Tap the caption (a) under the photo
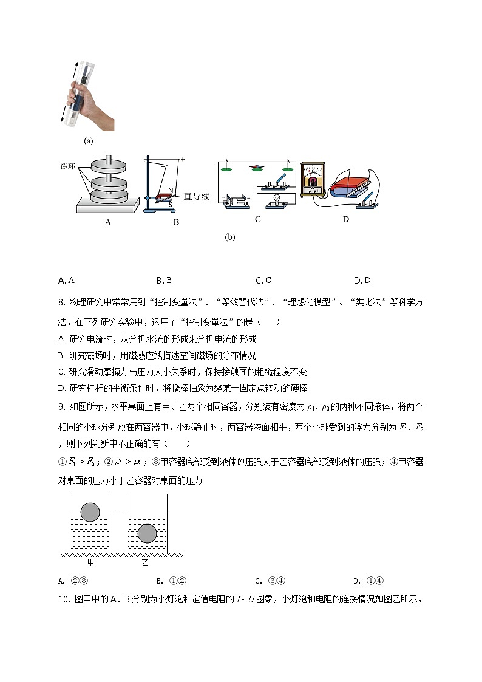pos(89,140)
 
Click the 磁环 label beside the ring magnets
pos(68,166)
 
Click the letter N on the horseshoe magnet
pos(171,190)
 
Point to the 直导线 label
pos(197,196)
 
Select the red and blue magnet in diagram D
pos(350,186)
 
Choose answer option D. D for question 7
pos(362,280)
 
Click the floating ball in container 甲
pos(90,512)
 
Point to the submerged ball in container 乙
pos(147,533)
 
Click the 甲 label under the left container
pos(90,562)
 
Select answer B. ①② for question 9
pos(167,580)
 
